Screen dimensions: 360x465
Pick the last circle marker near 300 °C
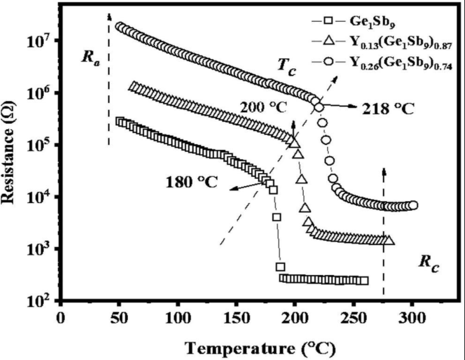413,205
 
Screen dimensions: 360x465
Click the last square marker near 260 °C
365,281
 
